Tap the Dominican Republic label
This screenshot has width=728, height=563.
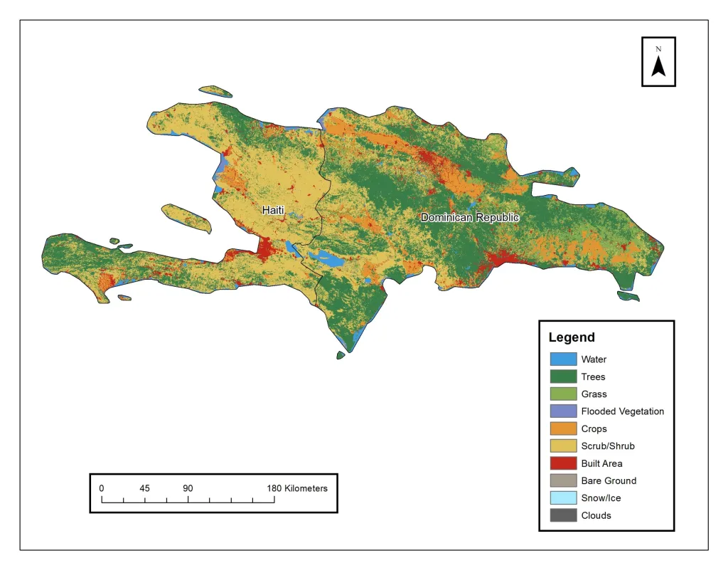click(x=470, y=217)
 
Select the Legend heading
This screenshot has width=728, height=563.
click(x=572, y=337)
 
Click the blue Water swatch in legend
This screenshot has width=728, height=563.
click(x=562, y=359)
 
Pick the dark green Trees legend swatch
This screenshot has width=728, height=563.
click(x=562, y=377)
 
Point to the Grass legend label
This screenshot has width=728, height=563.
click(x=594, y=394)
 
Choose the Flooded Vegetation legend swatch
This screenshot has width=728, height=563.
click(x=562, y=411)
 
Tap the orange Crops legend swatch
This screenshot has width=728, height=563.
click(x=562, y=428)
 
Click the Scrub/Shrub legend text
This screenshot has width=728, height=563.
click(x=608, y=446)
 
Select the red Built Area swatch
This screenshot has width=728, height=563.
click(x=562, y=463)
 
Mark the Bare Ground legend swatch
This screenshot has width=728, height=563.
click(x=562, y=480)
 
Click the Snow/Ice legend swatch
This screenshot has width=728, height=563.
click(x=562, y=498)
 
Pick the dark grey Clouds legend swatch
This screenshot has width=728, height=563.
click(x=562, y=515)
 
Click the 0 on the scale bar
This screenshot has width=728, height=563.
click(x=102, y=488)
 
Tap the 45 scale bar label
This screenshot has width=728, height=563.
click(x=144, y=488)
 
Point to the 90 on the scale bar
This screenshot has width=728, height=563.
click(x=188, y=488)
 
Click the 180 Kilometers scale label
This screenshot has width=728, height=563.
click(x=297, y=488)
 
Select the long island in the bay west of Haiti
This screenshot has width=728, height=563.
click(x=187, y=219)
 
